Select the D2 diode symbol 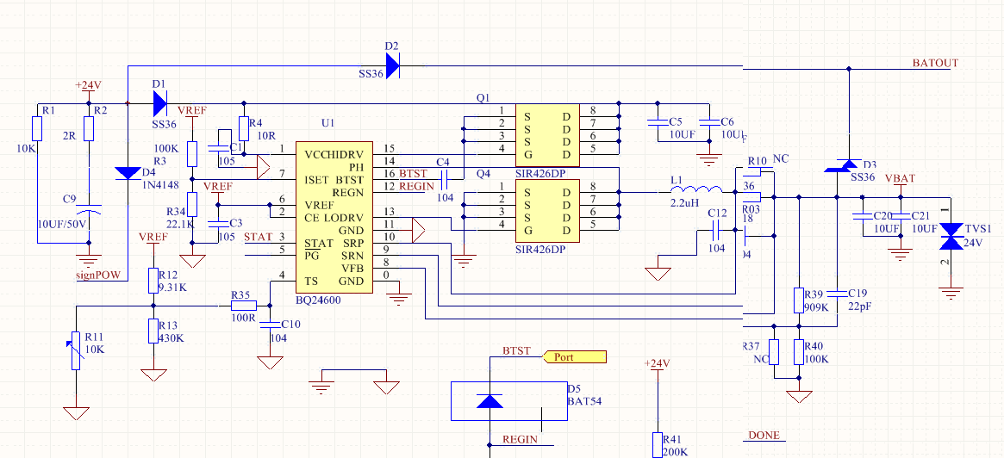[x=393, y=65]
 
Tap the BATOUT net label [x=934, y=64]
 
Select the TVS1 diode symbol [x=951, y=232]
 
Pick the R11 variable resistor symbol [x=76, y=350]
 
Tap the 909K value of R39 [x=816, y=307]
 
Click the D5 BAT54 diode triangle [x=490, y=401]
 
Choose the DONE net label [x=763, y=436]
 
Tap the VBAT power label [x=900, y=178]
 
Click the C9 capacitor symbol [x=89, y=210]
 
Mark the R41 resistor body [x=658, y=444]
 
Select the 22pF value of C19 [x=860, y=307]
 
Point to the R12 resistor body [x=153, y=280]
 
